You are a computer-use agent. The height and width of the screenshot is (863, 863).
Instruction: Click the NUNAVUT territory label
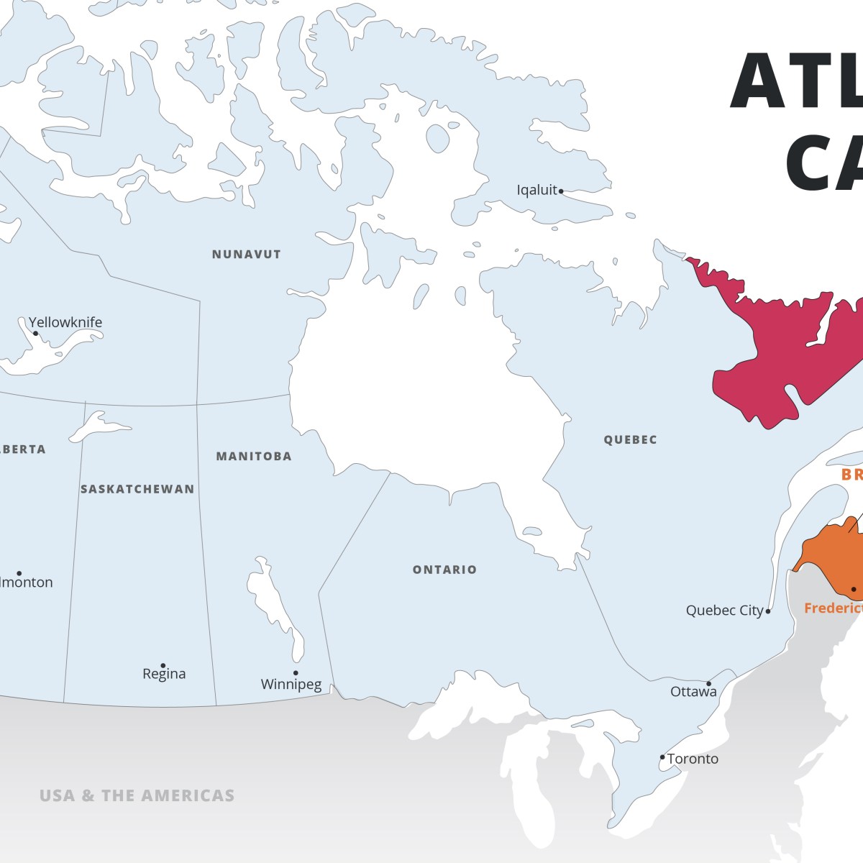[x=246, y=255]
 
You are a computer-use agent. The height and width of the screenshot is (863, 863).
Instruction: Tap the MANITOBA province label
[x=254, y=457]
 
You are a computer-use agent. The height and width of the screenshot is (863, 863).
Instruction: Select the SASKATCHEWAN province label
[x=137, y=489]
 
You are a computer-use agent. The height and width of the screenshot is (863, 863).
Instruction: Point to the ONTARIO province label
[x=444, y=570]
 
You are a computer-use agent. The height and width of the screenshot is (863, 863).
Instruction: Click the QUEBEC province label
[x=630, y=440]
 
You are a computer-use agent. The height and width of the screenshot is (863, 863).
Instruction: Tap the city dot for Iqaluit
[x=561, y=191]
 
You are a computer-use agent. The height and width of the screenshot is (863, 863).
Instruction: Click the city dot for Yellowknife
[x=36, y=333]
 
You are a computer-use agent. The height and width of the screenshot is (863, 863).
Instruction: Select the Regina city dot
[x=163, y=666]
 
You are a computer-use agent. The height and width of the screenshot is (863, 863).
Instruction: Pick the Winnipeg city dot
[x=296, y=673]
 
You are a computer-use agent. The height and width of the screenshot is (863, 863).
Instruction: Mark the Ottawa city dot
[x=708, y=684]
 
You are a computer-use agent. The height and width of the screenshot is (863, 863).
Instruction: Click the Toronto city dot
[x=662, y=757]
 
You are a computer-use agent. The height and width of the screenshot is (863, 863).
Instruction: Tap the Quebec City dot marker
[x=768, y=611]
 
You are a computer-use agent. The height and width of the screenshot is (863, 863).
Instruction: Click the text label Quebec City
[x=724, y=611]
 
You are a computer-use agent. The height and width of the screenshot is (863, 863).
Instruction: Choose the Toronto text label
[x=693, y=759]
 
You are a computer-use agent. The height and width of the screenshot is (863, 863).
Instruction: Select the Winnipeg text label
[x=291, y=685]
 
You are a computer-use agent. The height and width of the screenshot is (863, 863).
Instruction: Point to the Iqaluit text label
[x=536, y=190]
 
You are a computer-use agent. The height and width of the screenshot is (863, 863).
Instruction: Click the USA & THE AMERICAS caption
[x=137, y=796]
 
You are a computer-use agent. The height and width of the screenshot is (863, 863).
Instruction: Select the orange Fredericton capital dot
[x=854, y=590]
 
